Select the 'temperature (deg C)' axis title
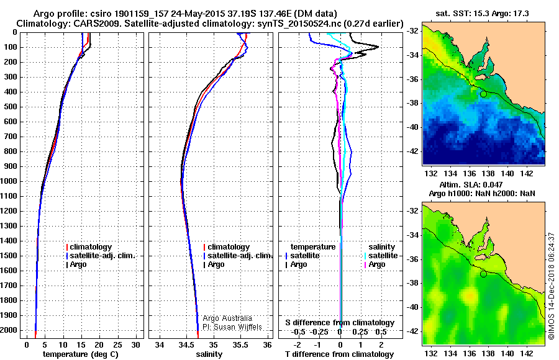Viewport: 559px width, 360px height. [x=81, y=354]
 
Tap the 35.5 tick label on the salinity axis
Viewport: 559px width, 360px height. [x=240, y=344]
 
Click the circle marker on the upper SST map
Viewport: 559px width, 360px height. [x=483, y=94]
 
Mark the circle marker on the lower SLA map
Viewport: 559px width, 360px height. [x=483, y=274]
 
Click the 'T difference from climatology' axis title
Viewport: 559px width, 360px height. [x=340, y=354]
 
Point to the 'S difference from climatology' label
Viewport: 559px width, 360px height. [x=340, y=323]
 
